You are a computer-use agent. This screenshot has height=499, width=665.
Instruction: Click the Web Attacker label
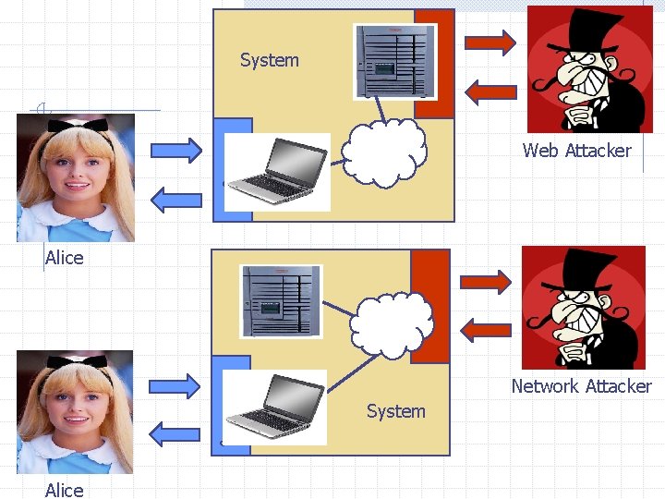point(576,150)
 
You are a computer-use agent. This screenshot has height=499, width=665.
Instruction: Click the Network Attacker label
point(581,386)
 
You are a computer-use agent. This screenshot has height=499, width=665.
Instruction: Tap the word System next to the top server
point(270,60)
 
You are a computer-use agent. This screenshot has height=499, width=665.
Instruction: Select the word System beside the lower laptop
point(395,411)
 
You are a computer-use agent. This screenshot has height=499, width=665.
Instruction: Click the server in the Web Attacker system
point(395,60)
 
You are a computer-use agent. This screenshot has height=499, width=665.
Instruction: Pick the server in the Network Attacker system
point(280,300)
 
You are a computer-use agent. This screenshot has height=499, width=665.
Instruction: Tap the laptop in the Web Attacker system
point(278,172)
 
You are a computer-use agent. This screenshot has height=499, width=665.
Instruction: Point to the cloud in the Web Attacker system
point(384,152)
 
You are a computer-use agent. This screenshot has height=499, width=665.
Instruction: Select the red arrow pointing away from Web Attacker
point(490,91)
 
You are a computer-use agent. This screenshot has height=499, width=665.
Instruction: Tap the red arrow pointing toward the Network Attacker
point(485,281)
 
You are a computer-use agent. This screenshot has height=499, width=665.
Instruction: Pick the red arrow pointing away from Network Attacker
point(485,328)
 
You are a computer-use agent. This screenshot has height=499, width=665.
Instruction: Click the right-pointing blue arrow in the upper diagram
point(175,149)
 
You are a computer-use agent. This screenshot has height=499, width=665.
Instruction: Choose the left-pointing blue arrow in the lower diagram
point(175,432)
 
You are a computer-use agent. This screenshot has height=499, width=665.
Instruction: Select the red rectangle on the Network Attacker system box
point(429,306)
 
